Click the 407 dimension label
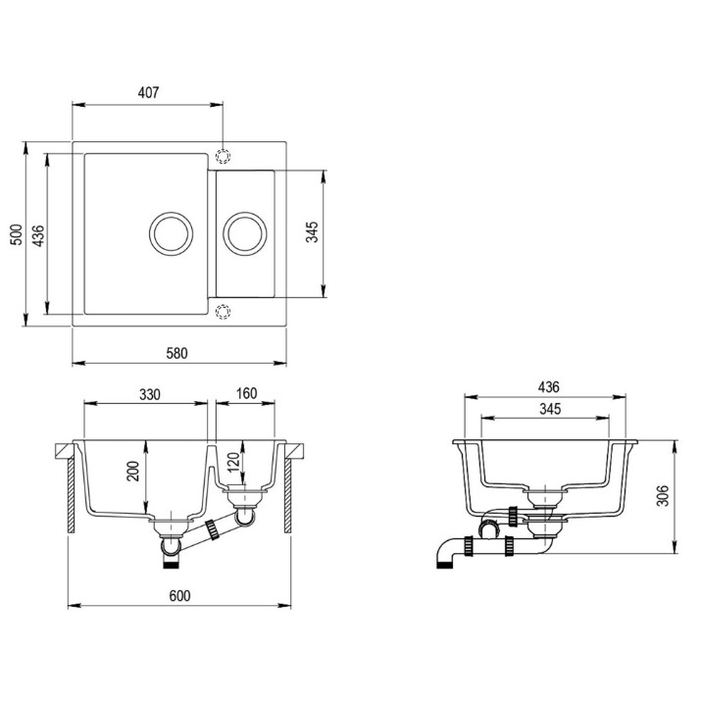point(148,92)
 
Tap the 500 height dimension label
point(17,234)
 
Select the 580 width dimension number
point(176,353)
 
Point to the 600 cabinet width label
point(179,595)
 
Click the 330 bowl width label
point(149,394)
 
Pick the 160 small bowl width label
point(246,393)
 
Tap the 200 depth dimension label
point(133,471)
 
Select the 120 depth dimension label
point(233,463)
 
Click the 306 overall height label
point(663,495)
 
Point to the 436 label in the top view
point(39,235)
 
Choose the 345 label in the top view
point(312,231)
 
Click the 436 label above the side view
point(549,386)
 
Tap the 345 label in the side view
point(550,409)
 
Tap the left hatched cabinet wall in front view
point(71,495)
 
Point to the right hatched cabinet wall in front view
point(287,495)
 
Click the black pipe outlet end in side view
point(444,565)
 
